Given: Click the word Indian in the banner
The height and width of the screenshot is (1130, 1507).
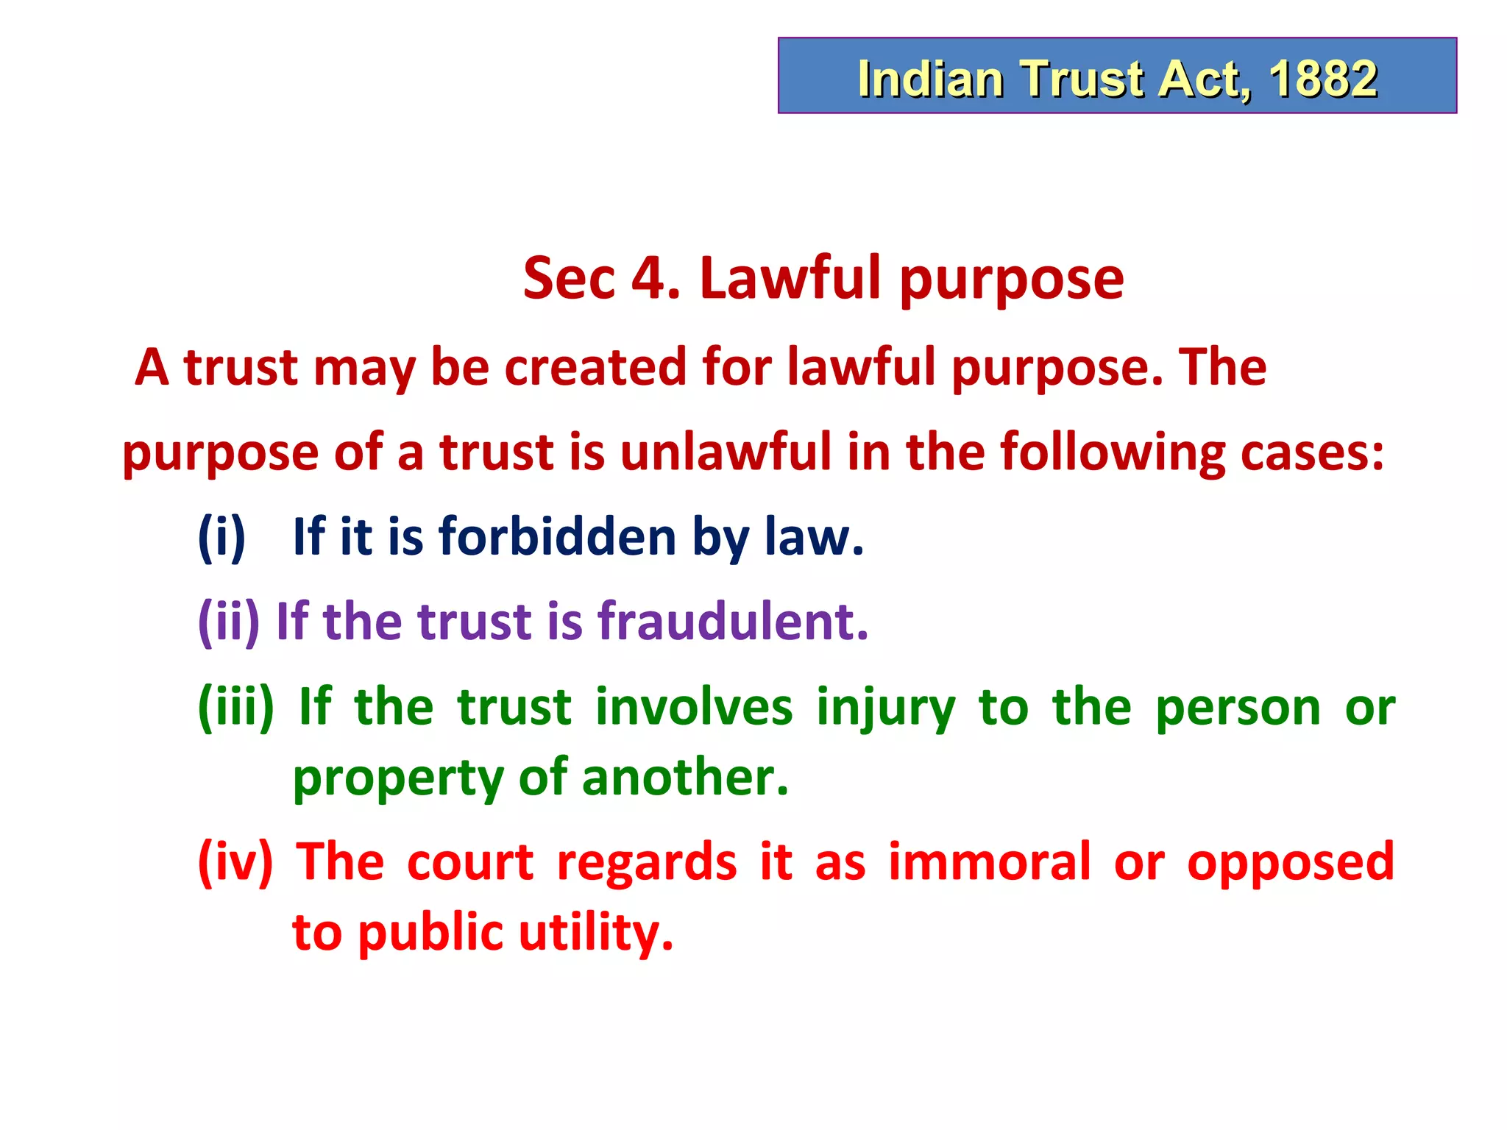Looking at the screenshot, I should click(x=930, y=78).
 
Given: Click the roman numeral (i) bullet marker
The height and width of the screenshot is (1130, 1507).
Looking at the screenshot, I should click(x=221, y=536).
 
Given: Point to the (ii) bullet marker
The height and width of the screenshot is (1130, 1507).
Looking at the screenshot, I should click(x=229, y=622).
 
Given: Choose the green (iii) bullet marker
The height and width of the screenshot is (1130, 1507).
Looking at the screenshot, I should click(x=236, y=706).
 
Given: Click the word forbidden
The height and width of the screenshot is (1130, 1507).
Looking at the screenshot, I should click(x=557, y=536).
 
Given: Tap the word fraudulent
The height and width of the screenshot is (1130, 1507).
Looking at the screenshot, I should click(x=733, y=622).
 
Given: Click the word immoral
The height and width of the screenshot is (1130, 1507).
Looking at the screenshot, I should click(x=989, y=861).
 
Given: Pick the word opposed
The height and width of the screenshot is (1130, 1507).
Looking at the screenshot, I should click(x=1291, y=863).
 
